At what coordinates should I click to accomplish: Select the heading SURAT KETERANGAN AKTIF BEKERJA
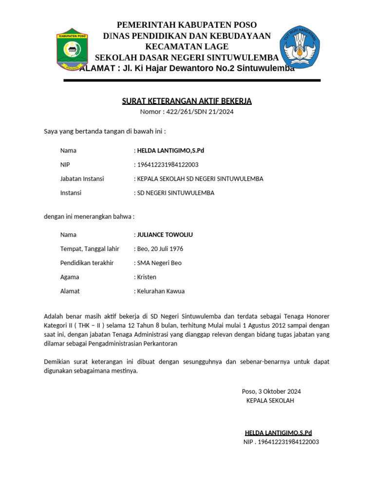[x=187, y=101]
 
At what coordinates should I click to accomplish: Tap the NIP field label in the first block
[x=65, y=165]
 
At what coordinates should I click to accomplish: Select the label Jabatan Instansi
[x=82, y=179]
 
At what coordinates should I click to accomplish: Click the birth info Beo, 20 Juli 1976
[x=160, y=249]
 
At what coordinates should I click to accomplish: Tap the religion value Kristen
[x=147, y=277]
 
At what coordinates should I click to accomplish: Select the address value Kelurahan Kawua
[x=161, y=291]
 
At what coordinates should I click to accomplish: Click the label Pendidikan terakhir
[x=87, y=263]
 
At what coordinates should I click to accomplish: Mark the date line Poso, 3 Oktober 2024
[x=271, y=391]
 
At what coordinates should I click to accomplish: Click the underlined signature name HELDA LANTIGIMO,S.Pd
[x=278, y=433]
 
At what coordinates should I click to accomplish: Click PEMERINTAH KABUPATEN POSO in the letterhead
[x=187, y=25]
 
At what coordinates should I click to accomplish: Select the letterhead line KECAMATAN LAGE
[x=187, y=47]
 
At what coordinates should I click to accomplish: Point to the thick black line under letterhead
[x=192, y=80]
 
